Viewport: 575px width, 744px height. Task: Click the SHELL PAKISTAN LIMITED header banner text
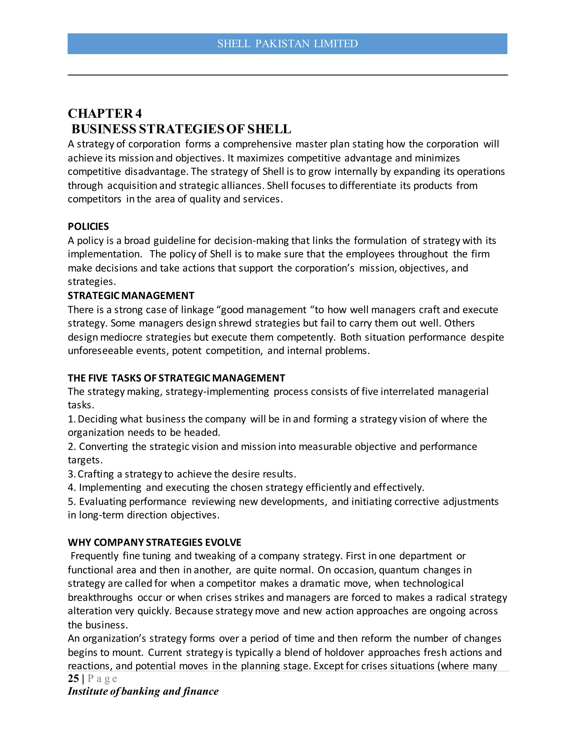[x=287, y=44]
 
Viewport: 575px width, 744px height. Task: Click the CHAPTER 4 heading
[x=104, y=113]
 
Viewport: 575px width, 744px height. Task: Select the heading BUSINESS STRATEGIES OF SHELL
[x=181, y=129]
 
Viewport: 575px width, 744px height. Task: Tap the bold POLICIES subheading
[x=88, y=227]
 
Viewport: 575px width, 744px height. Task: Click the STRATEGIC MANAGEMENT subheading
[x=131, y=295]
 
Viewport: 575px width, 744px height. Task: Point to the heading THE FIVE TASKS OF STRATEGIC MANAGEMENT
[x=176, y=378]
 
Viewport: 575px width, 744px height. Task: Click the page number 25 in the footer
[x=73, y=679]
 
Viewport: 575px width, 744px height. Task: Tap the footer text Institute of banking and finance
[x=143, y=691]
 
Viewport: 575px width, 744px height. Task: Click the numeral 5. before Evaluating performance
[x=72, y=501]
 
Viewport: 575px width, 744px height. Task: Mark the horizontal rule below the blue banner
[x=287, y=75]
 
